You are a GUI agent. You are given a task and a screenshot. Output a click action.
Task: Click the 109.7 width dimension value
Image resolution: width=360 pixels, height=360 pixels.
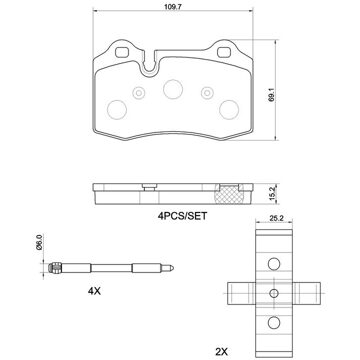173,6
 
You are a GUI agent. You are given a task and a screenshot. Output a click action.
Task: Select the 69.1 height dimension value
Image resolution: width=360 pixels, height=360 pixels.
272,95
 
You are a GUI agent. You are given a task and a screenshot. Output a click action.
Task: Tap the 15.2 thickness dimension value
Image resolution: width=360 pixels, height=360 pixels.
272,194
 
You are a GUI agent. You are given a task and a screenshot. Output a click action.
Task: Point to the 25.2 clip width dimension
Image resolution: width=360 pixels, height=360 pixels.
276,219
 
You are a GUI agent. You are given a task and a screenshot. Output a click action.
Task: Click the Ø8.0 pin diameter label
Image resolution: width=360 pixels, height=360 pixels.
39,242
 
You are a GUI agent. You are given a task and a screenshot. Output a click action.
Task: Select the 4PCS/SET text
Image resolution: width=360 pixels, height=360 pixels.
182,216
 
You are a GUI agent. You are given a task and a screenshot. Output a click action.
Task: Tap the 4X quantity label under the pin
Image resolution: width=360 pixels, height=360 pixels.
94,291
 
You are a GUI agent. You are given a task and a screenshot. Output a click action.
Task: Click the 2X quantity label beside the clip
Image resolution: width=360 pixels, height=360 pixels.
221,351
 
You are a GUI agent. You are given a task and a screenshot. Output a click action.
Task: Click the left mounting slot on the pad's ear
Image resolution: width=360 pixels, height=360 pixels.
121,52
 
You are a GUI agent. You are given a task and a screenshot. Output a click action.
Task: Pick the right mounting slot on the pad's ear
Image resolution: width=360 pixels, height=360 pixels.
224,52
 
